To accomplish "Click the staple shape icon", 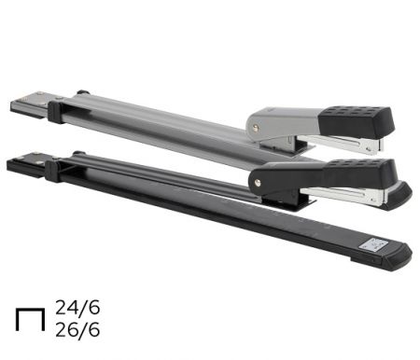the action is (x=30, y=310).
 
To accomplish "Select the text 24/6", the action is (x=77, y=308).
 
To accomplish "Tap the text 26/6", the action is (x=77, y=329).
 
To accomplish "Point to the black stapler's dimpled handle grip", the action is (x=362, y=173).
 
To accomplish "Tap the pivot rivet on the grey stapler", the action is (x=256, y=128).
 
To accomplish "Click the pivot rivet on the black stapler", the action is (x=258, y=183).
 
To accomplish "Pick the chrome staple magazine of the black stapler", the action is (x=343, y=196).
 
